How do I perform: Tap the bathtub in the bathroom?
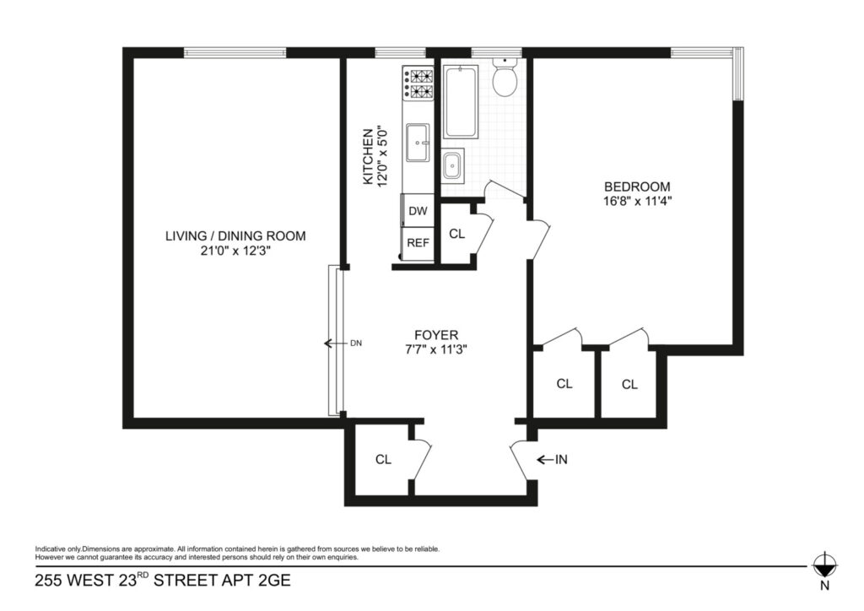[461, 101]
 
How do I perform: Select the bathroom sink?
[453, 165]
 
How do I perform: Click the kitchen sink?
[418, 143]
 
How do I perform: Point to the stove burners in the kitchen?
[418, 84]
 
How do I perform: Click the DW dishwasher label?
[418, 211]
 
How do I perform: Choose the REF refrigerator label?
[418, 242]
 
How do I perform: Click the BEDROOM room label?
[638, 187]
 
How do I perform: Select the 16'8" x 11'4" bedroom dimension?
[638, 201]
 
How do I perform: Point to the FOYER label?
[436, 335]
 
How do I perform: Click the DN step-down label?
[356, 343]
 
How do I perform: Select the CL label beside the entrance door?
[384, 459]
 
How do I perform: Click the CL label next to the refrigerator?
[456, 234]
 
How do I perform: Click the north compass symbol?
[825, 565]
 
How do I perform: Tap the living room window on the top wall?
[235, 53]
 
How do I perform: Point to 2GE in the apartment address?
[274, 581]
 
